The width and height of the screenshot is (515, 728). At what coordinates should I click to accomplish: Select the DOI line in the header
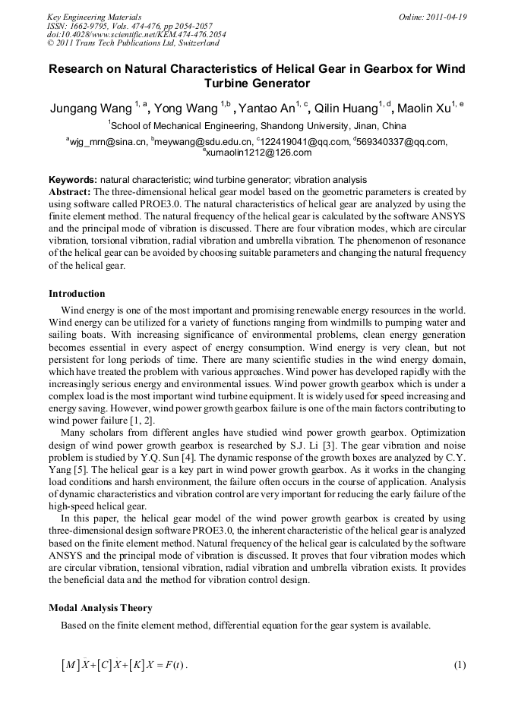tap(125, 35)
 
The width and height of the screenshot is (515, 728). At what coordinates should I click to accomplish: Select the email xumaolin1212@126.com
tap(258, 152)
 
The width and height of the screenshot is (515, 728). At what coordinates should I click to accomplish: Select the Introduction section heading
tap(77, 294)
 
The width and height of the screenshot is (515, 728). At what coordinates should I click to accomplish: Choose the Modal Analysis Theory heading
tap(100, 608)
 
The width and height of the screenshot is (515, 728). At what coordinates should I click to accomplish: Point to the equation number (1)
tap(459, 666)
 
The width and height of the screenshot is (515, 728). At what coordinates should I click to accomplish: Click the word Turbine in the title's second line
tap(229, 83)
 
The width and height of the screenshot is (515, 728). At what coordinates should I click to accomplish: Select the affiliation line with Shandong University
tap(257, 126)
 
